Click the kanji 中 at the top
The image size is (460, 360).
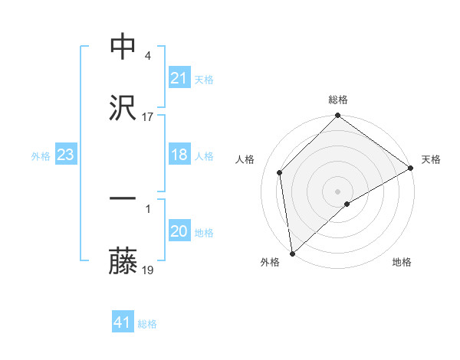(x=123, y=47)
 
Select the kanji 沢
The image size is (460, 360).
(x=123, y=108)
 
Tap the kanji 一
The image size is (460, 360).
(x=123, y=199)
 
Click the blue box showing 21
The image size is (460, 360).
(x=179, y=78)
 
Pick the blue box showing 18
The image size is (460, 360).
(x=179, y=155)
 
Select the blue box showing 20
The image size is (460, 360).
(x=179, y=232)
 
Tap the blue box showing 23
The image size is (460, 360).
(x=65, y=155)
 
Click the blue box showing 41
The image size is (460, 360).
(x=123, y=323)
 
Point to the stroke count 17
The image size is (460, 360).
(x=148, y=117)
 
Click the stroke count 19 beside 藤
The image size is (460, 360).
(x=148, y=270)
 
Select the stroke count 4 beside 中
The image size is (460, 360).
(x=147, y=56)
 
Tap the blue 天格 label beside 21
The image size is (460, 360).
(x=204, y=79)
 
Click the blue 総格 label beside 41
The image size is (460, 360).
(x=147, y=324)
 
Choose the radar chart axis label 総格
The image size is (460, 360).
(x=338, y=100)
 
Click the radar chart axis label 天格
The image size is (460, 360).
(x=431, y=159)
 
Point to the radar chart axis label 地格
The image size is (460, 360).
(x=402, y=262)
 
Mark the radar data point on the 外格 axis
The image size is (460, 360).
(x=291, y=254)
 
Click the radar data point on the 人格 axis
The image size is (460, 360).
(x=280, y=172)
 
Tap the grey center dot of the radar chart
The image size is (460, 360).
(x=338, y=191)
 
